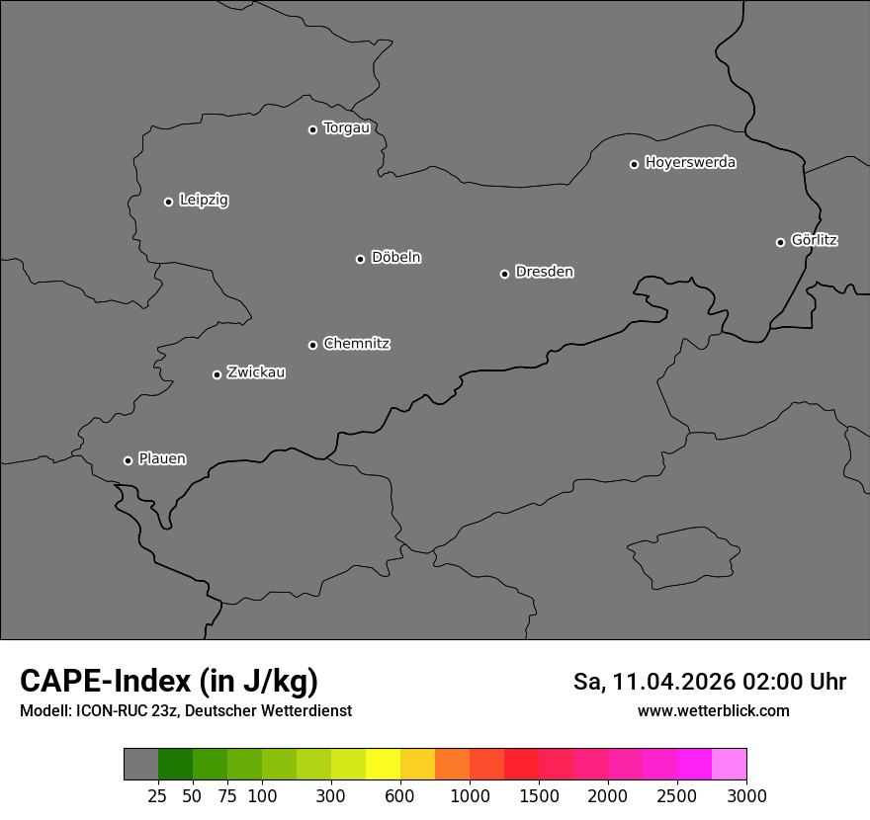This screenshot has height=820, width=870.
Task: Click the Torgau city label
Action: click(346, 128)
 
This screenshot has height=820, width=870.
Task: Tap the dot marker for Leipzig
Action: click(168, 202)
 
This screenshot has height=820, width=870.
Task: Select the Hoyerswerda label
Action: click(690, 162)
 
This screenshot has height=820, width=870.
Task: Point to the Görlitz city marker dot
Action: click(780, 242)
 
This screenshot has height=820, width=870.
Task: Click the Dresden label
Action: click(544, 272)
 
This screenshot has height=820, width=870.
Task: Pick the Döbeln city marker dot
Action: click(360, 259)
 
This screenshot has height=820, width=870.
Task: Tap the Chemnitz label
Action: click(356, 344)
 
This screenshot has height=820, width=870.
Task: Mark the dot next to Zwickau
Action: click(217, 374)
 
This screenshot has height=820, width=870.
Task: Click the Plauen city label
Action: click(162, 458)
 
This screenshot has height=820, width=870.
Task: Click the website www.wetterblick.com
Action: click(714, 710)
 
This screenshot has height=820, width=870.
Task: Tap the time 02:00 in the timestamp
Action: click(779, 682)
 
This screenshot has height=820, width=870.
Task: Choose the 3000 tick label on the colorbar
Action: click(746, 795)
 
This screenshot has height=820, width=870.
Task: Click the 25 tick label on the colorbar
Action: click(157, 795)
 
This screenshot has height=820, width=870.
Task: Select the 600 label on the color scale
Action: click(400, 795)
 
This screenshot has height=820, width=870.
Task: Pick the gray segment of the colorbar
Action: click(140, 765)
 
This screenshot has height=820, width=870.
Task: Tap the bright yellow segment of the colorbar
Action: click(383, 765)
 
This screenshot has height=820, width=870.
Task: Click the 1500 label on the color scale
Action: click(539, 795)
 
